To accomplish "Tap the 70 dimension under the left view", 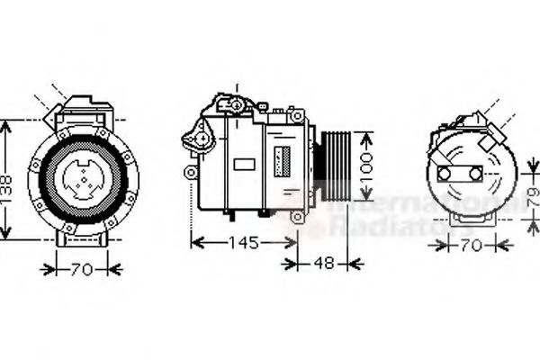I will click(x=82, y=267).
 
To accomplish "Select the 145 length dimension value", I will click(x=243, y=243).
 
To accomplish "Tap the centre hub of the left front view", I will click(x=82, y=173).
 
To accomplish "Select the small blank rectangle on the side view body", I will click(x=244, y=165).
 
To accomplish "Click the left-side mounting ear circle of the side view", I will click(x=190, y=171).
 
